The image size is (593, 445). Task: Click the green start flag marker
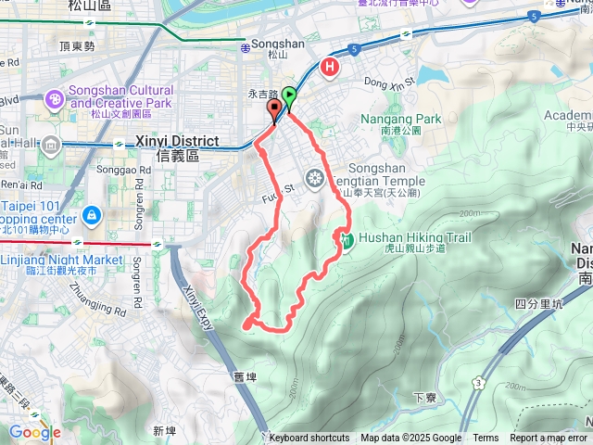coord(290,95)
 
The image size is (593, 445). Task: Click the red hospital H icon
coord(329,67)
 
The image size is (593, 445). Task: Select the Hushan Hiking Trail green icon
coord(346,241)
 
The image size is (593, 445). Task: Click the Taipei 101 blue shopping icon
coord(91,216)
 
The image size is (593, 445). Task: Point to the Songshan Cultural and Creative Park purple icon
coord(55,99)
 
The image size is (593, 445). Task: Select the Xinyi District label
coord(174,141)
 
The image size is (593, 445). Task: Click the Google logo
coord(34,432)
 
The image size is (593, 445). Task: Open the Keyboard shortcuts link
coord(309,439)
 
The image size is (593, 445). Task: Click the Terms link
coord(486,439)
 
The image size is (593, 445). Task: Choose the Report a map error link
coord(549,439)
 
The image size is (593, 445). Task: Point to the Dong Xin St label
coord(386,82)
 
